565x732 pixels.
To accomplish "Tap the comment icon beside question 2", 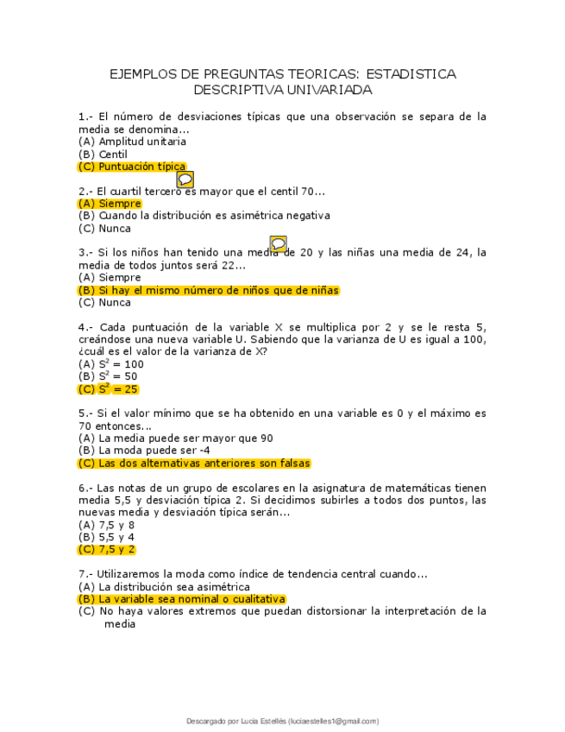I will point(185,180).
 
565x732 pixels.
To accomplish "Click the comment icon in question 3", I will point(278,244).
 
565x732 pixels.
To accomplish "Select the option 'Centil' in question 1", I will point(113,155).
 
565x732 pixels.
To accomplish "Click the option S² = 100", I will point(111,364).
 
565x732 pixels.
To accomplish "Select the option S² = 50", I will point(109,376).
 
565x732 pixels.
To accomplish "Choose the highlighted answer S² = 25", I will point(109,389).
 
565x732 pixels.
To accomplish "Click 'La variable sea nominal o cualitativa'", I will point(191,599).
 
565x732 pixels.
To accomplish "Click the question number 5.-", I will point(85,413).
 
